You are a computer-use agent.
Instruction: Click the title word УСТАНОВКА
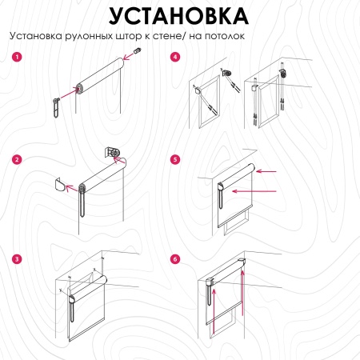(x=179, y=15)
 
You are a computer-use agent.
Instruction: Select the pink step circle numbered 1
(x=17, y=57)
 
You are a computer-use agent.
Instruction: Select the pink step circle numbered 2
(x=17, y=159)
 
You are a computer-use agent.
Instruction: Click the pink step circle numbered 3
(x=17, y=259)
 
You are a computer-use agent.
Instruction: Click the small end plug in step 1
(x=136, y=52)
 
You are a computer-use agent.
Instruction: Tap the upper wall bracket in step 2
(x=113, y=152)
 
